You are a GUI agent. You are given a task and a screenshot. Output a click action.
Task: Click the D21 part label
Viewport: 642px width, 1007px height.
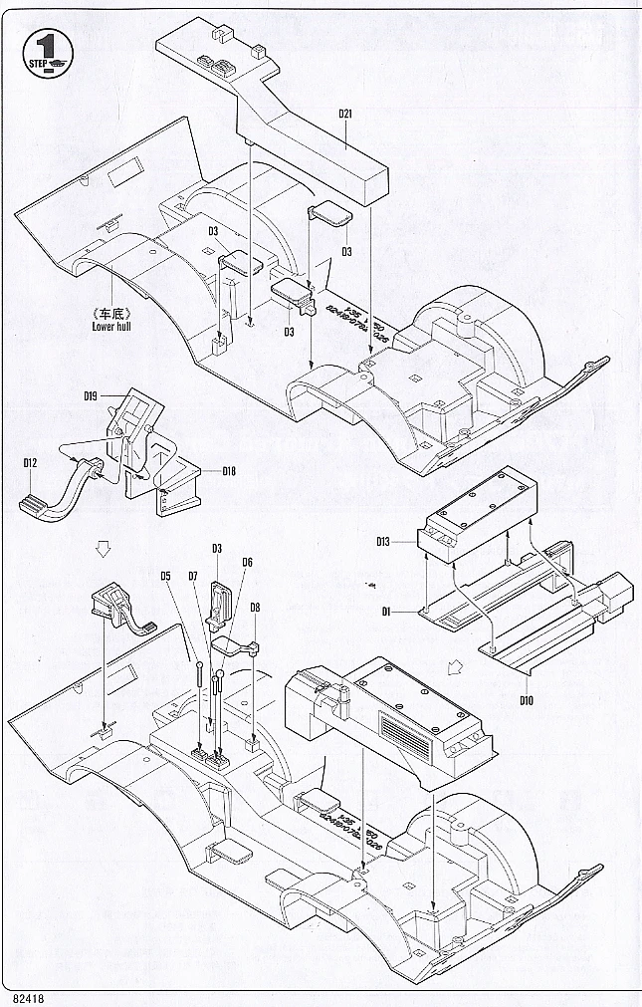[x=345, y=114]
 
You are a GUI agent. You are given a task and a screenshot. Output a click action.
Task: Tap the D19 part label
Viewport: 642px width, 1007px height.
[x=90, y=395]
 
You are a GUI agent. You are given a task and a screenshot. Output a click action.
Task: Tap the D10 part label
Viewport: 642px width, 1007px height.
[x=527, y=699]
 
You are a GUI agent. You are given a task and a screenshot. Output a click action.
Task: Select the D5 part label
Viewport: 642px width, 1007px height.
[x=166, y=575]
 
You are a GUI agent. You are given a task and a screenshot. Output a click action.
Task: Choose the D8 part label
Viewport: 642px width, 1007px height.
[x=255, y=607]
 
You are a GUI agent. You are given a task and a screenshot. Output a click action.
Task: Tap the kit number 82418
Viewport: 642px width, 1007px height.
[x=31, y=995]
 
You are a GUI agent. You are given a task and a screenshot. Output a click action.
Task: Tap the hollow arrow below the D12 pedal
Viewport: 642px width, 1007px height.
[x=100, y=547]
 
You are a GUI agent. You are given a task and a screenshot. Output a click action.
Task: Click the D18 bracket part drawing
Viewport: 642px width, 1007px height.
[x=179, y=482]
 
